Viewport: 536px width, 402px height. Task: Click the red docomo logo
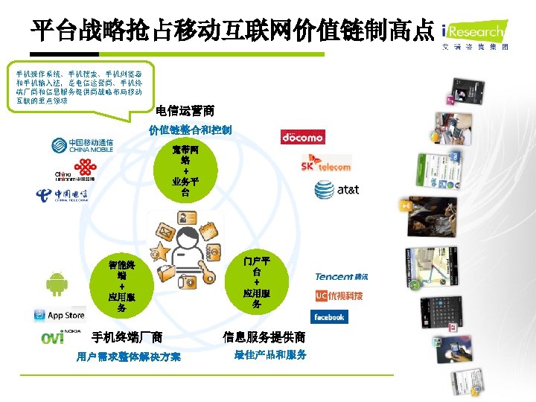pyautogui.click(x=302, y=137)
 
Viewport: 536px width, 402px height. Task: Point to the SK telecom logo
pyautogui.click(x=325, y=164)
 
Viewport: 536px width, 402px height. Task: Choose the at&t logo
pyautogui.click(x=336, y=190)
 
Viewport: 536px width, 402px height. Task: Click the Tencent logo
pyautogui.click(x=341, y=277)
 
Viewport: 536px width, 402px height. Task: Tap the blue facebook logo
pyautogui.click(x=328, y=317)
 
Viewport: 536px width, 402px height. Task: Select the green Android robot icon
pyautogui.click(x=57, y=284)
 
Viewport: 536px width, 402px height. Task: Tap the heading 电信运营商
pyautogui.click(x=185, y=112)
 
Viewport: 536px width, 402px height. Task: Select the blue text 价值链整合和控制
pyautogui.click(x=190, y=130)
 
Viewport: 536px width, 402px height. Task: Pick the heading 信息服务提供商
pyautogui.click(x=264, y=337)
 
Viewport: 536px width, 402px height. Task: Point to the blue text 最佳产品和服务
pyautogui.click(x=270, y=355)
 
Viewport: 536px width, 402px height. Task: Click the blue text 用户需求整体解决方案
pyautogui.click(x=128, y=357)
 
